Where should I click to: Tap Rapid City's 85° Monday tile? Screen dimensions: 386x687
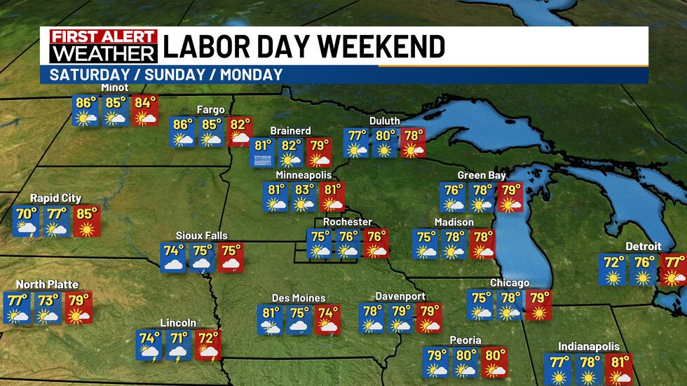[x=86, y=221]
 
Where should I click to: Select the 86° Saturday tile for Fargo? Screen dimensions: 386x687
[x=183, y=132]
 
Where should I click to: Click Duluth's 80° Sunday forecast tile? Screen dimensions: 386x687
[x=384, y=142]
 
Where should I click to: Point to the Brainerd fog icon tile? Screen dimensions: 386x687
[x=263, y=152]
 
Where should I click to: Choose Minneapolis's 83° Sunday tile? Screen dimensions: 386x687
[x=304, y=196]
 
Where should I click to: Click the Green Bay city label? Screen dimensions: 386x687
[x=482, y=175]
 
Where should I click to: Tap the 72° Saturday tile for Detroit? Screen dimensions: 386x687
[x=614, y=270]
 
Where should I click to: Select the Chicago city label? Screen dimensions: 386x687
[x=510, y=282]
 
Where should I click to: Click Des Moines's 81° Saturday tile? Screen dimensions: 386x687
[x=271, y=319]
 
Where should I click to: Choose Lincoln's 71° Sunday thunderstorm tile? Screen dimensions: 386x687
[x=178, y=345]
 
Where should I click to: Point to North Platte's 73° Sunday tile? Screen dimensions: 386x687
[x=48, y=308]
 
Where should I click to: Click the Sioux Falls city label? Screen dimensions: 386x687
[x=202, y=235]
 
